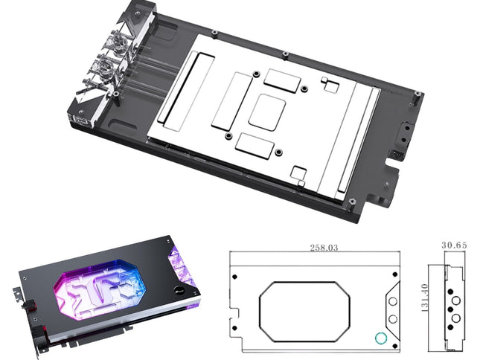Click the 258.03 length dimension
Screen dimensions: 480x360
tap(324, 248)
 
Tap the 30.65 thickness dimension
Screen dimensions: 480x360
tap(454, 245)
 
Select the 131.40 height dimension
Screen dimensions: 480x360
tap(425, 298)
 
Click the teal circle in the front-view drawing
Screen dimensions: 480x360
tap(381, 338)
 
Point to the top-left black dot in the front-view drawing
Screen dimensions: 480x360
tap(235, 277)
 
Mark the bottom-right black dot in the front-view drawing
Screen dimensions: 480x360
tap(395, 346)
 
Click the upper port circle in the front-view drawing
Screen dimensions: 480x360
tap(393, 301)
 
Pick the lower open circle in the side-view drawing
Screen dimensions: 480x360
tap(456, 318)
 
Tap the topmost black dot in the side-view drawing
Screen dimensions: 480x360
tap(450, 292)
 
